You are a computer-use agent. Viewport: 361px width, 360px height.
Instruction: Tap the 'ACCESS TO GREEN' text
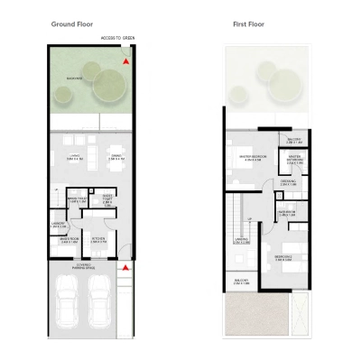coord(117,39)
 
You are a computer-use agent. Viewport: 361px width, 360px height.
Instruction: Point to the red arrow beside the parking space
coord(127,268)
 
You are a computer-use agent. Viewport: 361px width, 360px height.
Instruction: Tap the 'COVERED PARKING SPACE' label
coord(89,265)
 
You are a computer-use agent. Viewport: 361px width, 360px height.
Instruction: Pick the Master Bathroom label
coord(293,160)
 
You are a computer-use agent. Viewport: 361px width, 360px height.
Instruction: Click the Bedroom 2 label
coord(282,256)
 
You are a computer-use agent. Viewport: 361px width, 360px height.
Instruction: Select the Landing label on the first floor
coord(240,241)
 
